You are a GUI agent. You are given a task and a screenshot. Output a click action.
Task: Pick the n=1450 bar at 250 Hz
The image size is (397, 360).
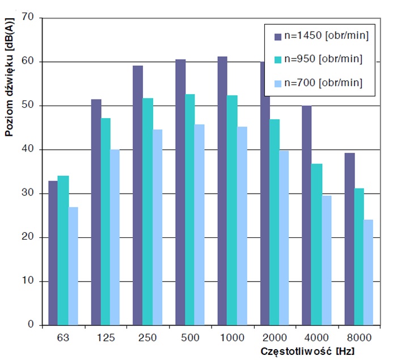(x=138, y=195)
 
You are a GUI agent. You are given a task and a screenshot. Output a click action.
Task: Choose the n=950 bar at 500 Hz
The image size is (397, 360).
(x=190, y=210)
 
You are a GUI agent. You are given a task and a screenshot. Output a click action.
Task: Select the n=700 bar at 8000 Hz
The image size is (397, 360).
(x=369, y=272)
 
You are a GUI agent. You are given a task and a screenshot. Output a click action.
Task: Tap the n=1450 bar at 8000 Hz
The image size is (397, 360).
(x=349, y=239)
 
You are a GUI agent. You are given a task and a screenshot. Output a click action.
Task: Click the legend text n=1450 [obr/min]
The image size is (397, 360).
(x=327, y=36)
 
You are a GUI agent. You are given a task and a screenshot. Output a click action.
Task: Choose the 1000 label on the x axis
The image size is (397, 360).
(x=232, y=337)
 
